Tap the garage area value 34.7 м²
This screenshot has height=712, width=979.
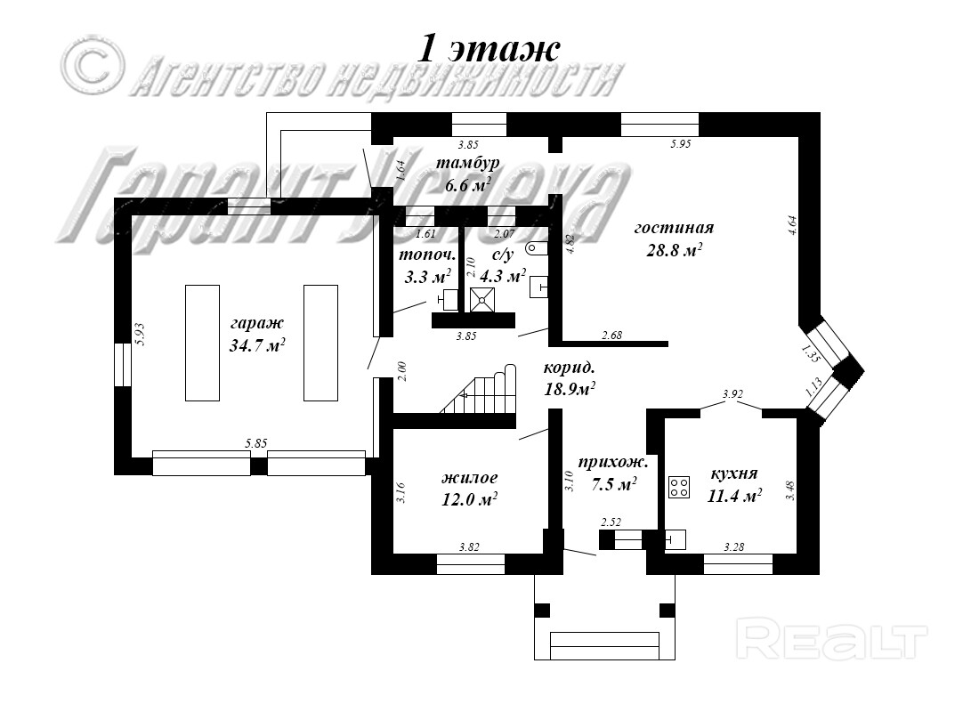click(256, 346)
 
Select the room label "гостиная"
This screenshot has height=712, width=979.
click(674, 228)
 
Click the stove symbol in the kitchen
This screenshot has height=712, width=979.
click(679, 487)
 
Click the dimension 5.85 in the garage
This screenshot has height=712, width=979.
click(257, 442)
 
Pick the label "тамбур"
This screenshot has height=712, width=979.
click(467, 163)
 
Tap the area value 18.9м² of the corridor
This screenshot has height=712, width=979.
click(570, 388)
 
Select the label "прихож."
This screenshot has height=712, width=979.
click(612, 462)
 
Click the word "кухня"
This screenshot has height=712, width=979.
click(734, 473)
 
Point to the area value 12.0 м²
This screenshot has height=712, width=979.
click(469, 499)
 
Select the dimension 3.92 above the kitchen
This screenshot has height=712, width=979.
click(732, 392)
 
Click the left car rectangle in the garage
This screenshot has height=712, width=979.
click(202, 342)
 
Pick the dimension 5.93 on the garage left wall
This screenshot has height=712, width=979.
click(139, 335)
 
